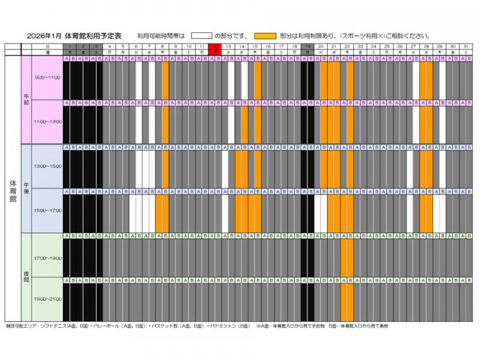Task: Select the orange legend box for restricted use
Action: [x=266, y=36]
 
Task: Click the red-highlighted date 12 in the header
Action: [x=215, y=46]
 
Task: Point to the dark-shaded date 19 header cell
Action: [x=307, y=46]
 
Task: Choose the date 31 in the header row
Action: [x=466, y=46]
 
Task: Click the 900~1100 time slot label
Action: [x=46, y=78]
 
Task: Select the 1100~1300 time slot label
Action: [x=46, y=122]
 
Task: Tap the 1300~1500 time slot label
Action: [x=46, y=166]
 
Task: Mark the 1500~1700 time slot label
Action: [x=46, y=211]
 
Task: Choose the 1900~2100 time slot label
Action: [x=46, y=299]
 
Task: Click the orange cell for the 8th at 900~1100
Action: [x=165, y=81]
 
